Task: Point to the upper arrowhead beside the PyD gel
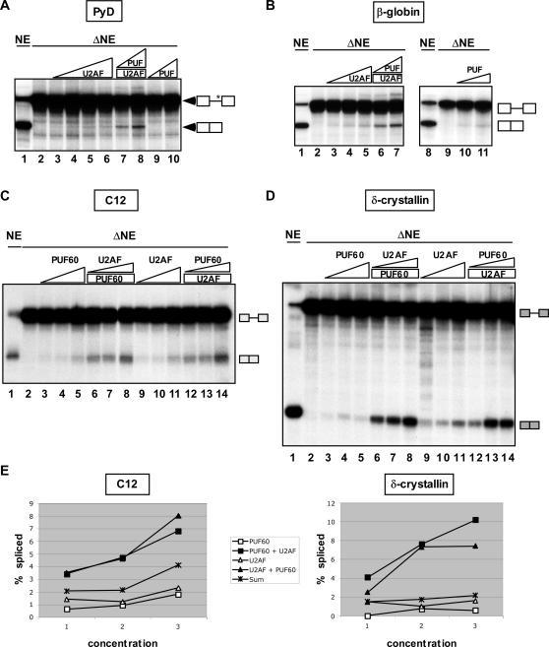[188, 100]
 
